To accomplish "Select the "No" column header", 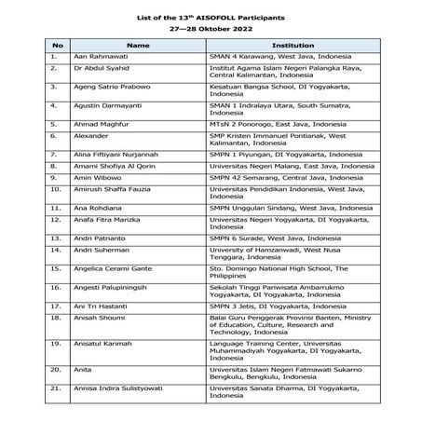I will coord(57,44).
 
